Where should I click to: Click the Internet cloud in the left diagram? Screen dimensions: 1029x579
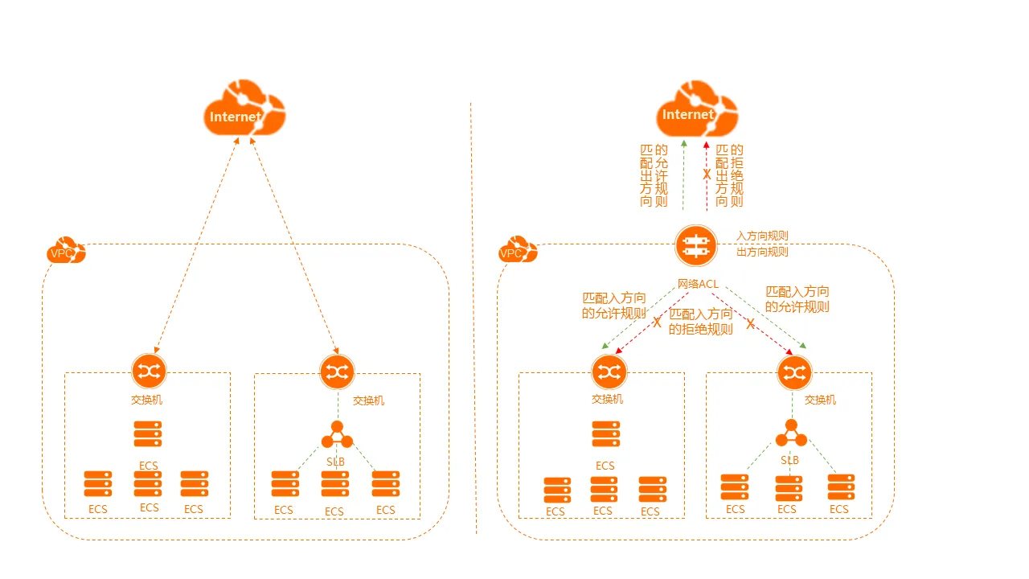[244, 108]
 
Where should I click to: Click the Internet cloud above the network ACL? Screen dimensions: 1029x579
[697, 109]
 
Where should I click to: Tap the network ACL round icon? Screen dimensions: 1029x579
[696, 246]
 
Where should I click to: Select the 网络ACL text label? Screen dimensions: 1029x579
[698, 284]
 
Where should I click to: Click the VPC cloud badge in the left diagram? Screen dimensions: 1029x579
[66, 250]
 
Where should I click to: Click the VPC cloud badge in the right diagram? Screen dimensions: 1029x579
[518, 249]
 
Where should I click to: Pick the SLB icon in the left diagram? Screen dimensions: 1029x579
[337, 434]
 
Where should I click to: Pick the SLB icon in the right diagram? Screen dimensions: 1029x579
[791, 433]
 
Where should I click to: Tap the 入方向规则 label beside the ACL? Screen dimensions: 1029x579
[762, 236]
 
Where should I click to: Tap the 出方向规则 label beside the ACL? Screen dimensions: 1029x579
[762, 252]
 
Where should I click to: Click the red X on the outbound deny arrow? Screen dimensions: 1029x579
[707, 175]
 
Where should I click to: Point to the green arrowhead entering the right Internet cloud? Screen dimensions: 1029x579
[684, 143]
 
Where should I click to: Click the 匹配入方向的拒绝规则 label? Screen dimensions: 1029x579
[700, 322]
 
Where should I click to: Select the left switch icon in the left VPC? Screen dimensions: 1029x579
[149, 371]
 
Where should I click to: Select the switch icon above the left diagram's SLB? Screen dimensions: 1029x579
[337, 372]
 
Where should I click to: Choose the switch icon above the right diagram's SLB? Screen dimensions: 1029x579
[795, 372]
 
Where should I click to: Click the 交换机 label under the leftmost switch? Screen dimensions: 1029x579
[146, 400]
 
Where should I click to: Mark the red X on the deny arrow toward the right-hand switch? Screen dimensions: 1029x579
[750, 324]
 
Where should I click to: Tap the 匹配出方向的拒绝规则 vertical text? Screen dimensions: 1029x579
[729, 175]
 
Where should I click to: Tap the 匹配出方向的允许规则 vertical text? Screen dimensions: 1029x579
[654, 175]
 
